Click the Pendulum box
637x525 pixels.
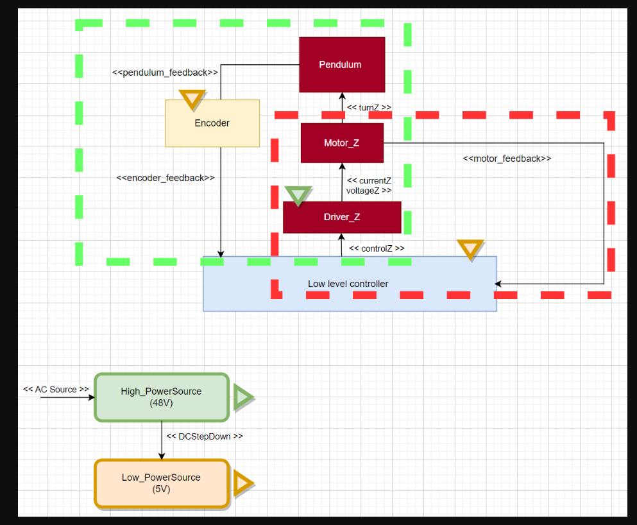click(x=342, y=65)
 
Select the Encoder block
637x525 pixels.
click(x=212, y=123)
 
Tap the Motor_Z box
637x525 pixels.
click(x=342, y=143)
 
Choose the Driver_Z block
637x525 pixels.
click(x=342, y=218)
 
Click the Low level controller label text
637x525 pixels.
click(x=348, y=284)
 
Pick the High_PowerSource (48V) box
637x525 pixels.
click(x=162, y=397)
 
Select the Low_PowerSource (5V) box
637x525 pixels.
click(x=162, y=483)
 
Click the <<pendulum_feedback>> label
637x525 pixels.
click(x=166, y=73)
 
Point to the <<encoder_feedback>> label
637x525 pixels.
click(x=166, y=178)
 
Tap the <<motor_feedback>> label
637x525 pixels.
click(x=507, y=159)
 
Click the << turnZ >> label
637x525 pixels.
click(x=368, y=108)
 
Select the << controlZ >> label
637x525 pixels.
click(x=377, y=248)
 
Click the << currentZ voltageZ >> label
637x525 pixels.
click(x=369, y=185)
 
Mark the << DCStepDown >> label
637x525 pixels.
click(x=205, y=436)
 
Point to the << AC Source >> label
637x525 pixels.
click(x=56, y=390)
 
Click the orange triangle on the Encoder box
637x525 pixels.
click(x=192, y=98)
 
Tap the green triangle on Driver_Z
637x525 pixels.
click(x=298, y=194)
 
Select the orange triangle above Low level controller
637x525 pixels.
click(x=470, y=249)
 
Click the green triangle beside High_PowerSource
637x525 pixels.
click(x=242, y=397)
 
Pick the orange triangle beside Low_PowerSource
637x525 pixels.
click(x=242, y=483)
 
